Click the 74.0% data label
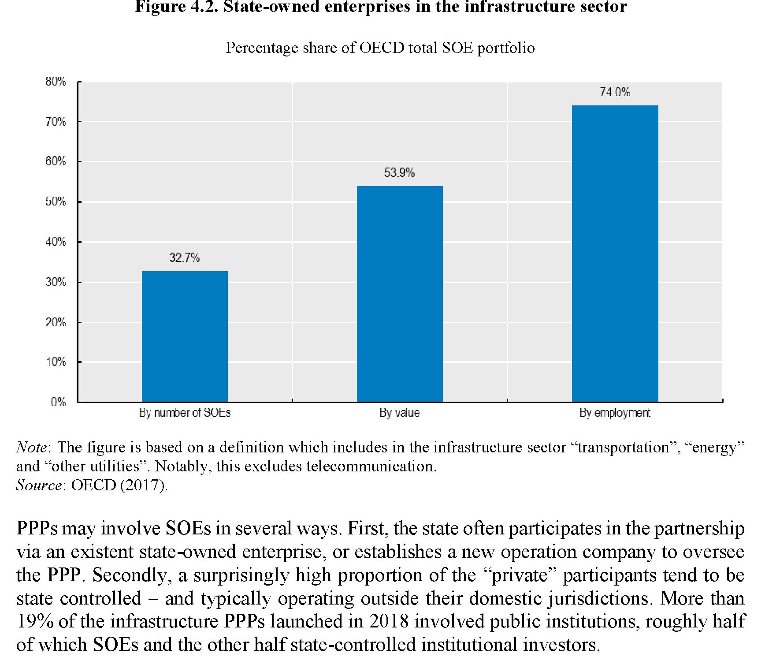(x=615, y=92)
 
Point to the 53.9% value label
(x=399, y=173)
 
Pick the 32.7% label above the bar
(x=185, y=258)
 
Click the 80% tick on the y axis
(x=56, y=82)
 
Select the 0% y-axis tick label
(x=58, y=402)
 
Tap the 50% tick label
(x=56, y=202)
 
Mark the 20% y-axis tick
(x=56, y=322)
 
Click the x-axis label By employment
(x=615, y=413)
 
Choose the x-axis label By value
(x=400, y=413)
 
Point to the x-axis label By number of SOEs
(x=185, y=413)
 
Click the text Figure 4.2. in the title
(x=176, y=7)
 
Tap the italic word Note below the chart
(x=31, y=447)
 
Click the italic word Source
(x=39, y=485)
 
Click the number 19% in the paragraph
(x=35, y=621)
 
